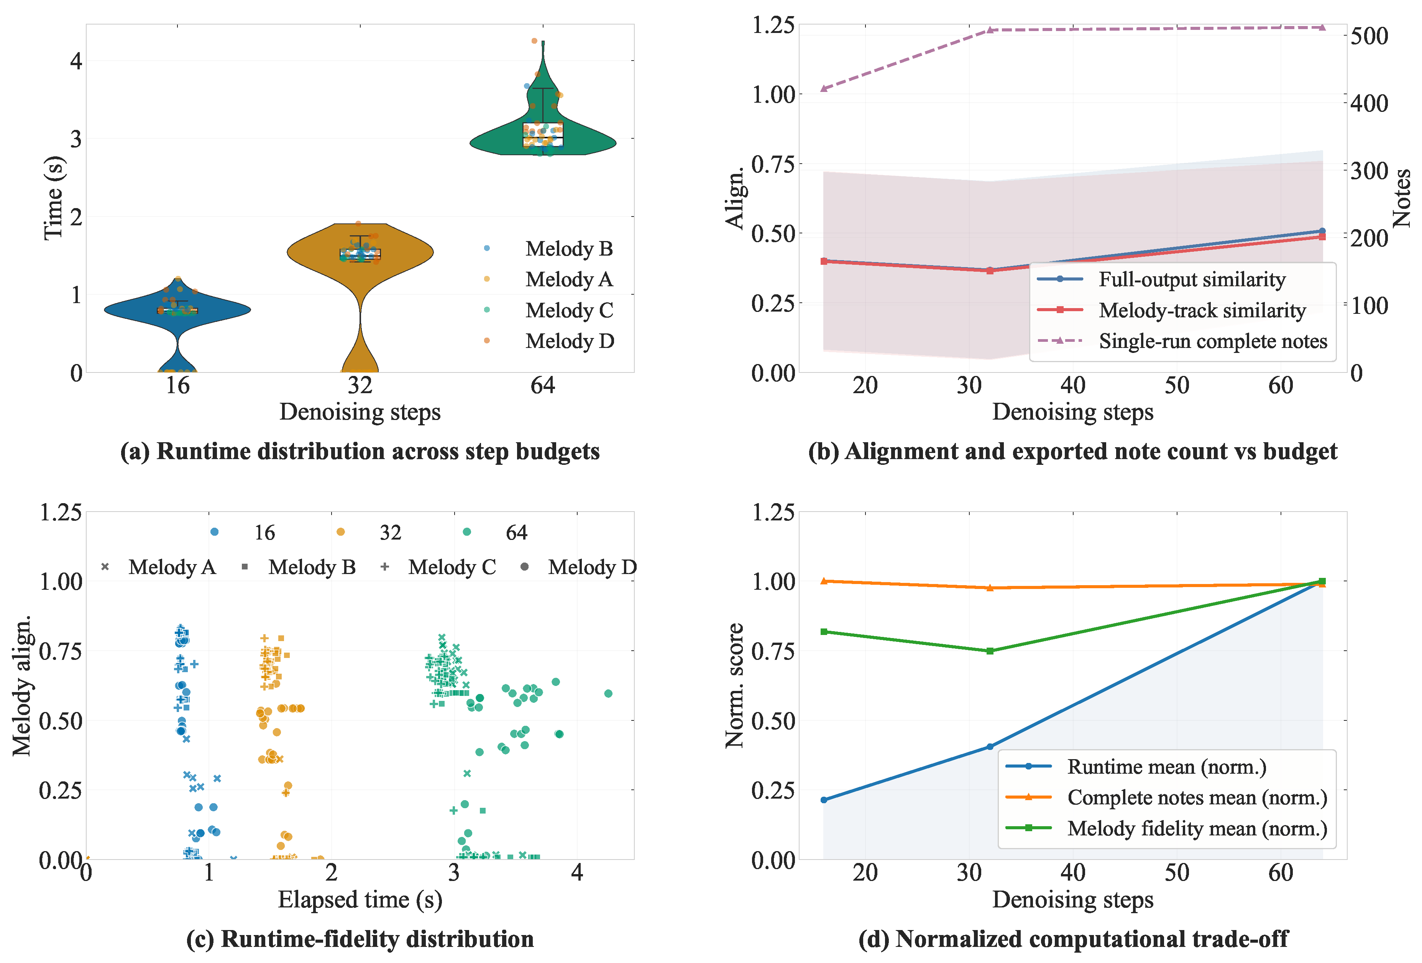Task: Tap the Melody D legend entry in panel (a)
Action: click(x=569, y=341)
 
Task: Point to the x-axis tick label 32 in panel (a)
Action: click(x=360, y=386)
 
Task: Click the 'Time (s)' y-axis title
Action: click(x=54, y=198)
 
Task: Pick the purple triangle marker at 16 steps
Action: click(x=824, y=89)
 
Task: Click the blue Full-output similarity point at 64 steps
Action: click(x=1322, y=231)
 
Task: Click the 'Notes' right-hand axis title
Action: click(x=1401, y=198)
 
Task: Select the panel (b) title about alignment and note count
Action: click(x=1072, y=451)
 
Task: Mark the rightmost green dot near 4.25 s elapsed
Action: click(x=608, y=693)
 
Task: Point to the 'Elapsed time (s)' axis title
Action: click(x=360, y=899)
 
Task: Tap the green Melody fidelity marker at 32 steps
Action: click(x=990, y=651)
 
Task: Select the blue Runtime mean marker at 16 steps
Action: click(x=824, y=800)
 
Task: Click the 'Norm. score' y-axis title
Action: click(x=734, y=685)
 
